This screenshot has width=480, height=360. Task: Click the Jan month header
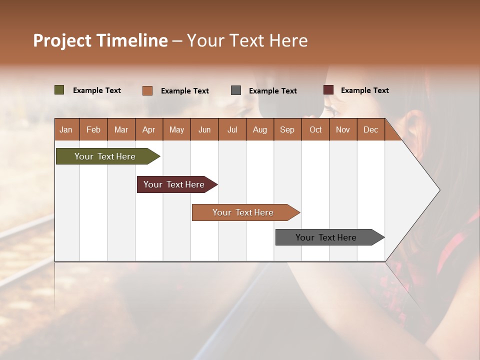click(66, 129)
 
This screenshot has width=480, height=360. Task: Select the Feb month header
click(93, 129)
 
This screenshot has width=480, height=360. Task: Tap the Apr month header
click(148, 129)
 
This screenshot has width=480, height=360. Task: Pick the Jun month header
click(204, 129)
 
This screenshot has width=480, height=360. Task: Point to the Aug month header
click(259, 129)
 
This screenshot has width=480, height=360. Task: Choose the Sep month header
click(287, 129)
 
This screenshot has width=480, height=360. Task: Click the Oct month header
click(315, 129)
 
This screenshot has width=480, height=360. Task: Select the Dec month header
click(370, 129)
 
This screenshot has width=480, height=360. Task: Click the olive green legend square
click(59, 90)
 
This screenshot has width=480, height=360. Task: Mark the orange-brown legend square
click(147, 90)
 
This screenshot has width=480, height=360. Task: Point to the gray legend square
click(236, 90)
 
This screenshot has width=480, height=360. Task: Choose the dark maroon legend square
click(328, 90)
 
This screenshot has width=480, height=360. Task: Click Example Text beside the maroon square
click(364, 90)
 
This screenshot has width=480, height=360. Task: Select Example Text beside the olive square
click(97, 90)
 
